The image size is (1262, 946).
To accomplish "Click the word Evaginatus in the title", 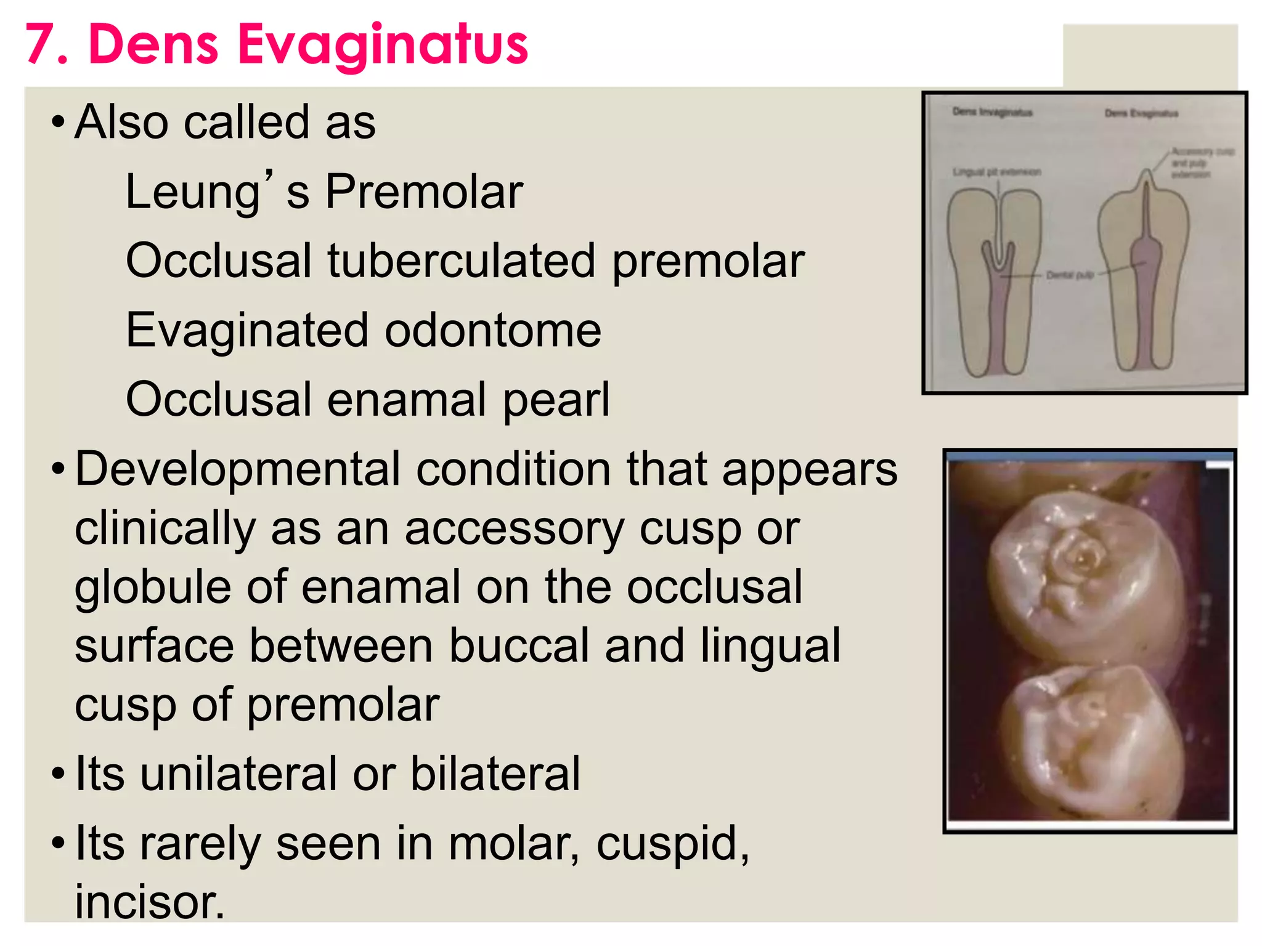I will (x=383, y=44).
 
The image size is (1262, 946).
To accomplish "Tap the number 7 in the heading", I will (x=41, y=44).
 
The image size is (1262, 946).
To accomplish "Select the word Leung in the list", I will (x=193, y=192).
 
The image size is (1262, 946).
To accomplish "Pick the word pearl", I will (x=556, y=400).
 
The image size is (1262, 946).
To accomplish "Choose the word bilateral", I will (x=495, y=774).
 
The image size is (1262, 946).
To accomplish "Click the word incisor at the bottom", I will (x=150, y=902).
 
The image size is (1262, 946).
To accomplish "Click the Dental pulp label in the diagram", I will (x=1070, y=275).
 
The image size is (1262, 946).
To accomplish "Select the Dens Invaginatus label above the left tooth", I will (x=992, y=112).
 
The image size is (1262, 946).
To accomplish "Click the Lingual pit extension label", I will (x=996, y=172).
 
